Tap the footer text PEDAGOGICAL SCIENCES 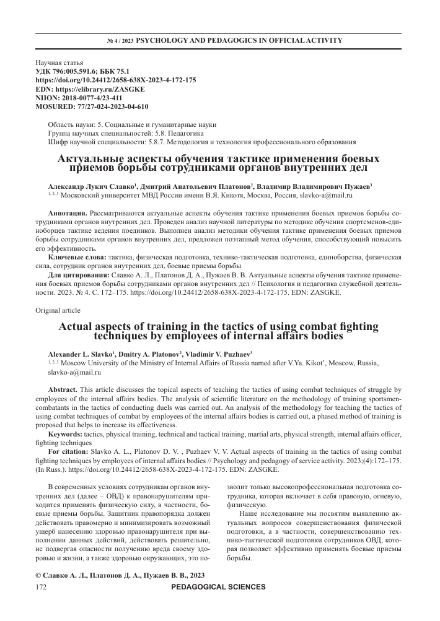[x=221, y=604]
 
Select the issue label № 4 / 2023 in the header [x=120, y=41]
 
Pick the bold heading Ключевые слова [x=76, y=256]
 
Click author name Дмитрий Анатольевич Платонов [x=186, y=186]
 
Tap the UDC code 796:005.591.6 [x=84, y=72]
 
